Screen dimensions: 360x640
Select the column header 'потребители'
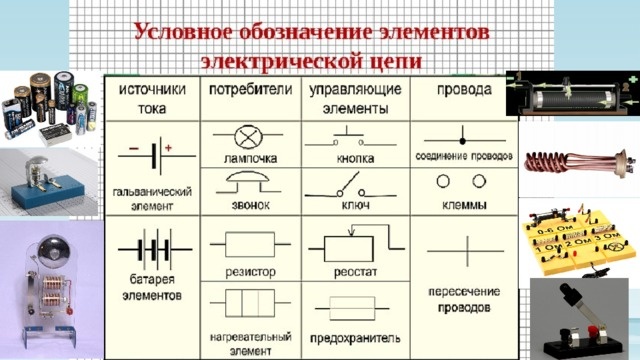248,90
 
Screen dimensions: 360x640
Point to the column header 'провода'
463,90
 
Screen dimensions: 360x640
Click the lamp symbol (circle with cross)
248,137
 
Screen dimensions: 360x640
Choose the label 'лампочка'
248,158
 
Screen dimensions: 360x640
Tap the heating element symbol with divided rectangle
248,302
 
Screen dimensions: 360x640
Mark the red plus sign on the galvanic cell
168,148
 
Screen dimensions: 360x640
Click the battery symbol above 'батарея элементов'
152,247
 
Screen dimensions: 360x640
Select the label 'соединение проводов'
463,158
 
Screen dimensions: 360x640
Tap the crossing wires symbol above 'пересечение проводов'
463,245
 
